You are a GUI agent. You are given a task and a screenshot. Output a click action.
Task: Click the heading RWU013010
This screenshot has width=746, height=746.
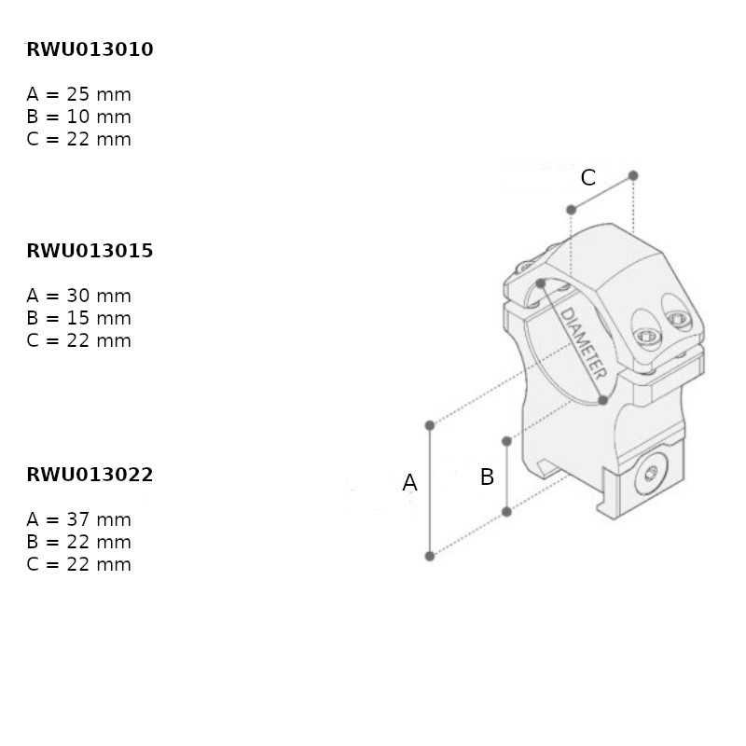pyautogui.click(x=90, y=49)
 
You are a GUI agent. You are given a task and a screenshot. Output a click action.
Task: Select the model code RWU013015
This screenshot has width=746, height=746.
pyautogui.click(x=90, y=251)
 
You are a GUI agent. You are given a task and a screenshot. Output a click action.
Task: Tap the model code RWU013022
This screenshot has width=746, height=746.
pyautogui.click(x=90, y=475)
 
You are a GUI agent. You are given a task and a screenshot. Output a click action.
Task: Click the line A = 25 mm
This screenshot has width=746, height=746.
pyautogui.click(x=79, y=94)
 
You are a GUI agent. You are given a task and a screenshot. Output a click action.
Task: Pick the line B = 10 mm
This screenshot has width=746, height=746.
pyautogui.click(x=79, y=117)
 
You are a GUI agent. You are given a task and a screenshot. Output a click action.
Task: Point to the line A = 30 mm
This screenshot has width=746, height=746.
pyautogui.click(x=79, y=296)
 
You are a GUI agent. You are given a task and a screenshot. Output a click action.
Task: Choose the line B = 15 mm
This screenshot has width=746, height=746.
pyautogui.click(x=79, y=318)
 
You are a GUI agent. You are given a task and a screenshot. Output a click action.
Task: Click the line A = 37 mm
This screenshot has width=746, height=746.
pyautogui.click(x=79, y=519)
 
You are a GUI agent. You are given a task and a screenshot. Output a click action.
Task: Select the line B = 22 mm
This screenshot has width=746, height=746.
pyautogui.click(x=79, y=542)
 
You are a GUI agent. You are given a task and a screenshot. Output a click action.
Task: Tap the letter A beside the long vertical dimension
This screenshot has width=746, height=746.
pyautogui.click(x=409, y=482)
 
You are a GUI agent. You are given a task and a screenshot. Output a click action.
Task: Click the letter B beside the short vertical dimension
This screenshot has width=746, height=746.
pyautogui.click(x=487, y=477)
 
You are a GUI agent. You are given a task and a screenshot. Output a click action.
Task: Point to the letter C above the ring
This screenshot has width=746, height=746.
pyautogui.click(x=588, y=178)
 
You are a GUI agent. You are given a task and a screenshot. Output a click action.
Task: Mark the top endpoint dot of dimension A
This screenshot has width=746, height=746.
pyautogui.click(x=430, y=425)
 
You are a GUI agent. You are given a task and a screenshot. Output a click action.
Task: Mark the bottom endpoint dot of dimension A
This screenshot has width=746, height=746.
pyautogui.click(x=430, y=556)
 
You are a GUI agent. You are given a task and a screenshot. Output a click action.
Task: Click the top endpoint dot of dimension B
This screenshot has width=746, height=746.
pyautogui.click(x=506, y=441)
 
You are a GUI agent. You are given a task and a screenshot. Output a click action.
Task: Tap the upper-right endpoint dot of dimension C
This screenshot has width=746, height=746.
pyautogui.click(x=633, y=175)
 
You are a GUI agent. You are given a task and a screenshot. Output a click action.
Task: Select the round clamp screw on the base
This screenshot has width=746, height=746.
pyautogui.click(x=651, y=474)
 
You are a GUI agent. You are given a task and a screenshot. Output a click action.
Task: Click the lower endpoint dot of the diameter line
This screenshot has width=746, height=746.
pyautogui.click(x=602, y=400)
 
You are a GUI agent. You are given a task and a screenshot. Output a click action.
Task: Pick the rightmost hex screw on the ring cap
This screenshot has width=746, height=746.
pyautogui.click(x=678, y=319)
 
